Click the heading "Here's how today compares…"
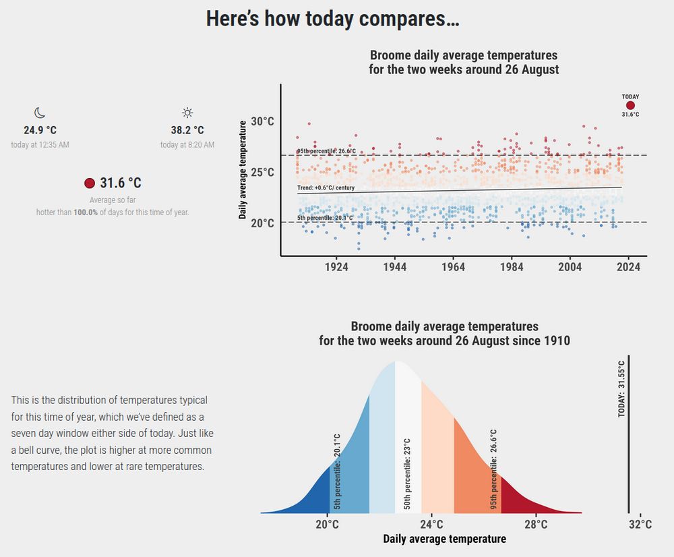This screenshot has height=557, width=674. click(x=332, y=19)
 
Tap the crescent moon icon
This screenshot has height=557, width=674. click(x=40, y=113)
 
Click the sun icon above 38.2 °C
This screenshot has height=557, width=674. click(x=187, y=113)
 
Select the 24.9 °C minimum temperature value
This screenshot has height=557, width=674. click(x=40, y=129)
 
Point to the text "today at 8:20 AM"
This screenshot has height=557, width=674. click(x=187, y=145)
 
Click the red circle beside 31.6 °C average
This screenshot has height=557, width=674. click(x=90, y=183)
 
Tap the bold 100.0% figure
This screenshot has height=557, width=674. click(x=86, y=212)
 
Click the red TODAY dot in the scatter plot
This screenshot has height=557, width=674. click(x=630, y=105)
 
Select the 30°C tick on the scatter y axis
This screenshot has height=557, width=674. click(x=262, y=122)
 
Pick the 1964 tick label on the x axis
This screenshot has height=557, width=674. click(x=453, y=267)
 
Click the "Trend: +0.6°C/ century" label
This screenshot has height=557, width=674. click(x=326, y=187)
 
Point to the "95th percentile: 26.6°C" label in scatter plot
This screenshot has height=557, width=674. click(x=326, y=151)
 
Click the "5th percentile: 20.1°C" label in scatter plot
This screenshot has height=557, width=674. click(x=324, y=218)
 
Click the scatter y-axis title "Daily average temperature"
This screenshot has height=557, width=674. click(x=242, y=169)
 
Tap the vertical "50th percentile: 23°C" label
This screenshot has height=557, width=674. click(x=407, y=473)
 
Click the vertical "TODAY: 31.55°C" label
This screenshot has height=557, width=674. click(x=621, y=389)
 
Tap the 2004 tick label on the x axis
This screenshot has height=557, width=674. click(x=570, y=267)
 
